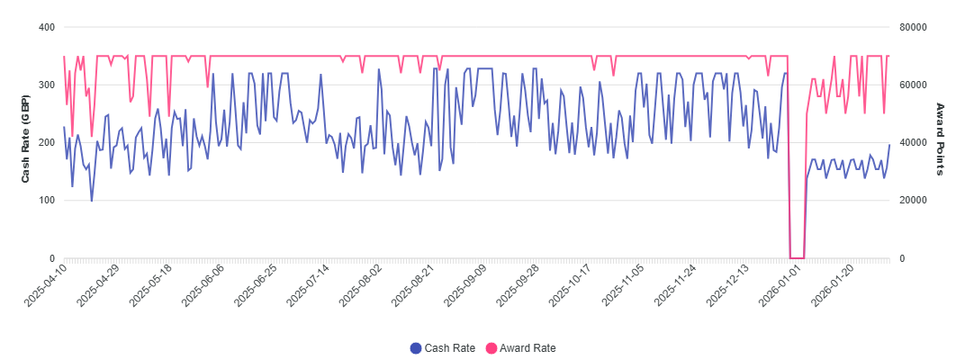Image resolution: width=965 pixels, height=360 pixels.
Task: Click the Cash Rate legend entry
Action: (x=443, y=347)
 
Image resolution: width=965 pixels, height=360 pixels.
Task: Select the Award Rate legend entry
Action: (x=520, y=347)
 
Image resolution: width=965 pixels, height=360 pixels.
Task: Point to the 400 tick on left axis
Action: (x=48, y=27)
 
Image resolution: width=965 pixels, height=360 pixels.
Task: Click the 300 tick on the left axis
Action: (x=48, y=85)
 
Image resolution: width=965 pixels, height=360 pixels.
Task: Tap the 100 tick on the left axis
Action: (x=48, y=201)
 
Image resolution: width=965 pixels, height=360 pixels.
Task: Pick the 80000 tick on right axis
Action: (x=914, y=27)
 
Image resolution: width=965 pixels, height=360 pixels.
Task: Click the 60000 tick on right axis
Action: (x=914, y=85)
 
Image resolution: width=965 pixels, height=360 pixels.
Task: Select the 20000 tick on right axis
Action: (x=914, y=201)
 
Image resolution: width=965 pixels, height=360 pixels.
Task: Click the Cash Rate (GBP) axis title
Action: (x=26, y=143)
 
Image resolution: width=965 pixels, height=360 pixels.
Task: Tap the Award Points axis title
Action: (x=940, y=139)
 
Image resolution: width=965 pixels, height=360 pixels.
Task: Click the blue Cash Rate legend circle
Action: (x=416, y=348)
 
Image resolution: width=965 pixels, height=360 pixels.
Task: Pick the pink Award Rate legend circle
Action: (x=492, y=348)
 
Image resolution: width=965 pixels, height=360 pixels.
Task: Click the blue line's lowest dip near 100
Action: (x=92, y=201)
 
